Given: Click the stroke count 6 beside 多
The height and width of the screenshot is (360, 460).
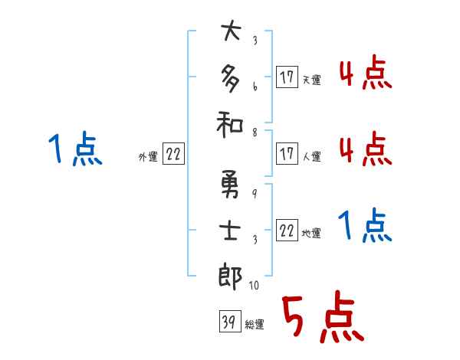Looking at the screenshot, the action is coord(254,86).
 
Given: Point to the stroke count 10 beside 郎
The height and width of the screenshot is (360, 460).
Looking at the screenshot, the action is coord(254,285).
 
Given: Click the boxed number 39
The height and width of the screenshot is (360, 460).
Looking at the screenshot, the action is coord(228,322).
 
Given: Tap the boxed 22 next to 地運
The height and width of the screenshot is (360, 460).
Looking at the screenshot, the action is coord(287,232).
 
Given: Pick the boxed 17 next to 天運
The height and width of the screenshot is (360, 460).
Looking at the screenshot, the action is coord(286,77).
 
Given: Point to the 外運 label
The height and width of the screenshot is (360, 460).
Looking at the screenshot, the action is coord(147,157).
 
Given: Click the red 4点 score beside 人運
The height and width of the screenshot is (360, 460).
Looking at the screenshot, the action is coord(365,148).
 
